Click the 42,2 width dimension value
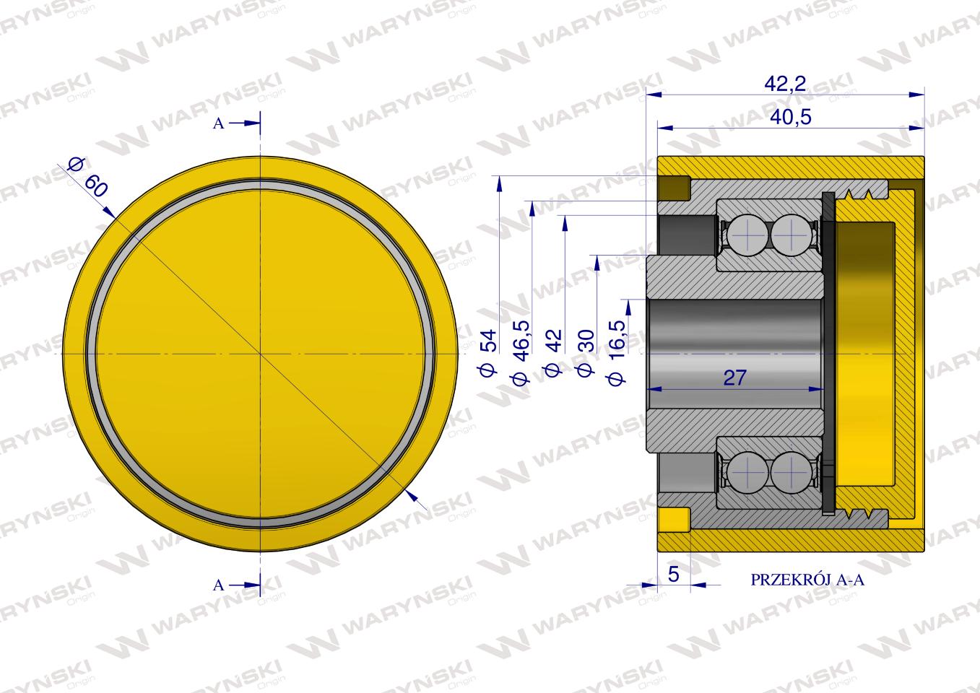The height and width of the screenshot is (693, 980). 785,84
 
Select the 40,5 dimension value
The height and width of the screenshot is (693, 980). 791,117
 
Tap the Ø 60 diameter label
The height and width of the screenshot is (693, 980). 88,177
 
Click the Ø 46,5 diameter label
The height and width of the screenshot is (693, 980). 521,352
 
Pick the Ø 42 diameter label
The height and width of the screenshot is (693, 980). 553,352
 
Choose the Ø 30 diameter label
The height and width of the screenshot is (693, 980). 586,353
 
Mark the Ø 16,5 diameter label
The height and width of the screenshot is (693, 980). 617,352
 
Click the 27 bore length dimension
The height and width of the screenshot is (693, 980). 735,378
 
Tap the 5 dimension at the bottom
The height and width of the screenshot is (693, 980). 674,574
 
